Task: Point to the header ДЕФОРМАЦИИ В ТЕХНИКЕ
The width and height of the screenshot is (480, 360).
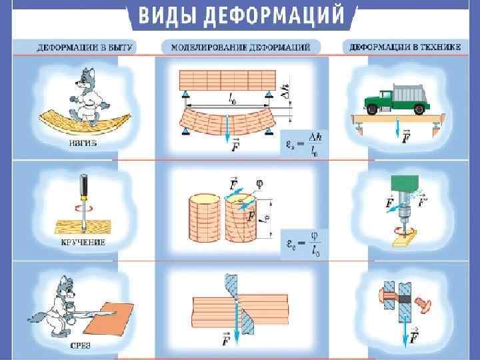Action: coord(403,48)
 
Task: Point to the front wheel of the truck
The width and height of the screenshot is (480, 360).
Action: coord(373,111)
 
